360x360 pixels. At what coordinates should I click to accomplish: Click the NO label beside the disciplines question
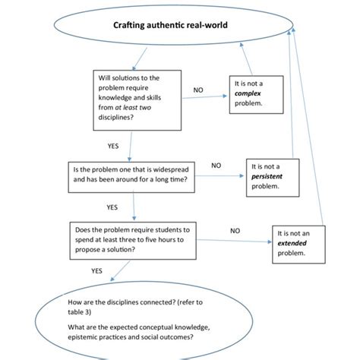[x=198, y=90]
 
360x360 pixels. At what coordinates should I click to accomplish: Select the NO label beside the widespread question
[x=216, y=164]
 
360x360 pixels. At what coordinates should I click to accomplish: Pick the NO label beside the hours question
[x=235, y=229]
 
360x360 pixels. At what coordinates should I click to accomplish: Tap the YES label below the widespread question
[x=112, y=207]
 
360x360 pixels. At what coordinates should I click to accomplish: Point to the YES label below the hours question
[x=96, y=270]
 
